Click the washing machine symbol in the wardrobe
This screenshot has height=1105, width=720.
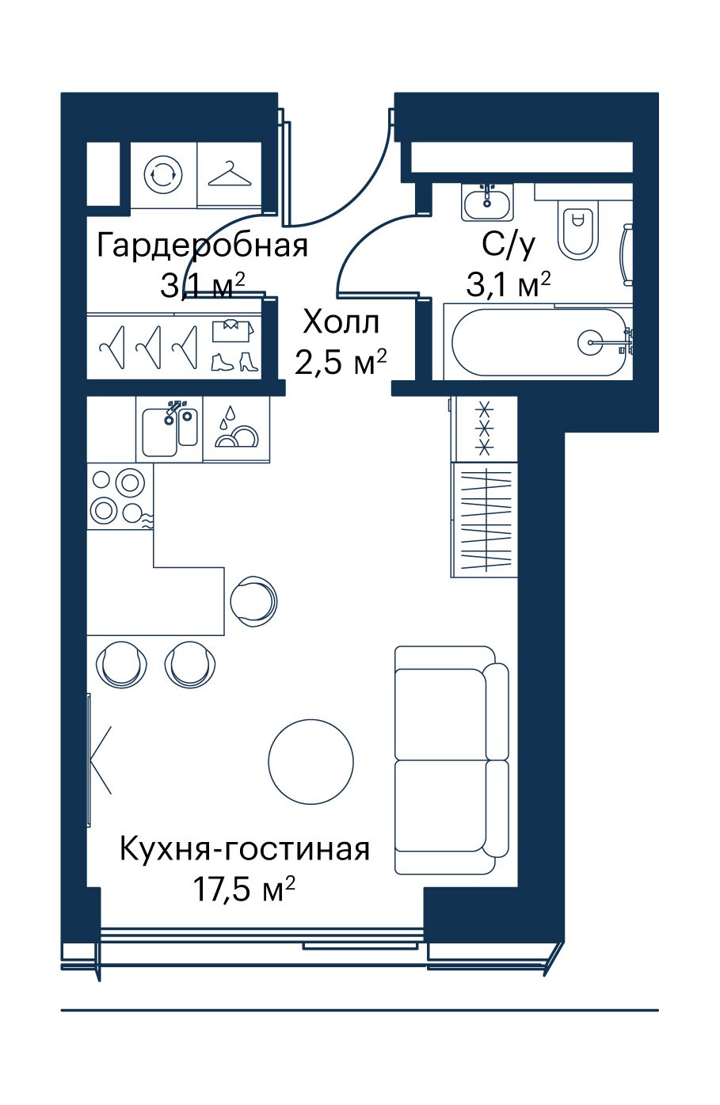pyautogui.click(x=162, y=174)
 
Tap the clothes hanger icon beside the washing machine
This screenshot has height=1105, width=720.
pyautogui.click(x=230, y=173)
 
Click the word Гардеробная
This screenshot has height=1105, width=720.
pyautogui.click(x=202, y=246)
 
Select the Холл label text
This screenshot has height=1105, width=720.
pyautogui.click(x=341, y=322)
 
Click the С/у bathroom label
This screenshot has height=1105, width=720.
pyautogui.click(x=508, y=246)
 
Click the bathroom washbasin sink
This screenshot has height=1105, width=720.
pyautogui.click(x=487, y=202)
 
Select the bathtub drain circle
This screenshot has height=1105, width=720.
pyautogui.click(x=590, y=341)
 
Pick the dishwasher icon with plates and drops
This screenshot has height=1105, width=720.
pyautogui.click(x=236, y=429)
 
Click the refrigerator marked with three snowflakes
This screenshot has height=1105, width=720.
pyautogui.click(x=486, y=429)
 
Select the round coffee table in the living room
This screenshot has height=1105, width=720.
pyautogui.click(x=311, y=761)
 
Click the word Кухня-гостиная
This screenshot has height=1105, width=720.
pyautogui.click(x=245, y=849)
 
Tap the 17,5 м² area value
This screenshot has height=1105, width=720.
pyautogui.click(x=245, y=889)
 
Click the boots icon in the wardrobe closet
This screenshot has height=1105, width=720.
pyautogui.click(x=234, y=361)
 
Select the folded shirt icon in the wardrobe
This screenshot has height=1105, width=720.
pyautogui.click(x=233, y=330)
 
